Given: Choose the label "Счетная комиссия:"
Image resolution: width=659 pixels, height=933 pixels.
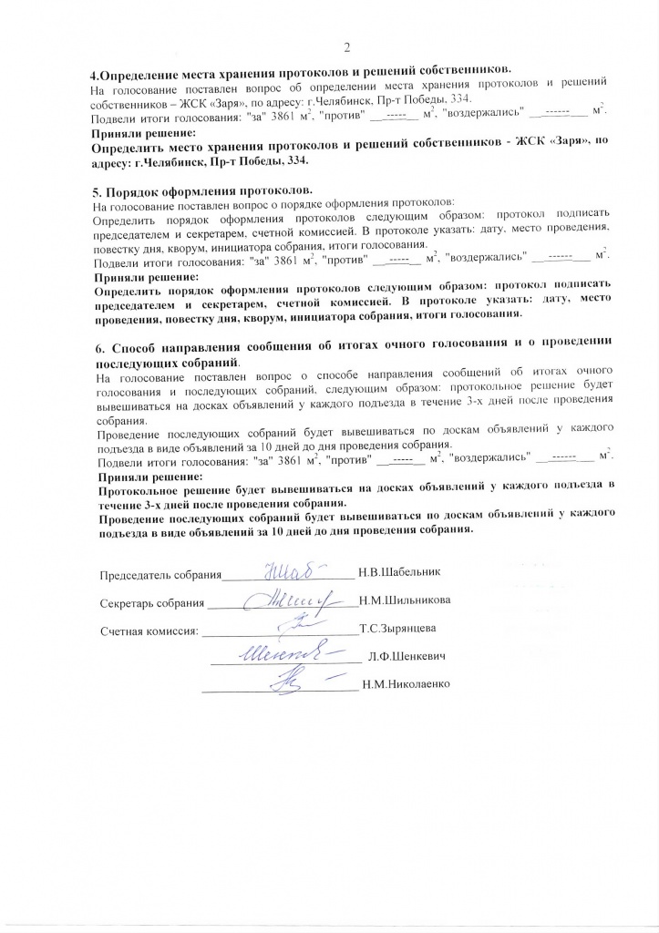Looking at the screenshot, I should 149,631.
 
